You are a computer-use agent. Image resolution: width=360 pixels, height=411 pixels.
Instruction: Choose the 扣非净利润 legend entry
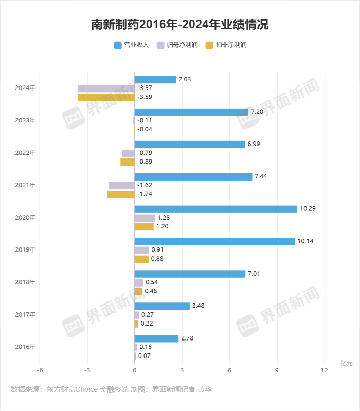(226, 45)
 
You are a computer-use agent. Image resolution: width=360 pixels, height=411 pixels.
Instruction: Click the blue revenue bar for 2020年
(216, 209)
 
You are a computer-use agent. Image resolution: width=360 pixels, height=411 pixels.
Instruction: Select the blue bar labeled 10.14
(214, 241)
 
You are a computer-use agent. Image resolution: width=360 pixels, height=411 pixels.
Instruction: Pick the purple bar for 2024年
(106, 88)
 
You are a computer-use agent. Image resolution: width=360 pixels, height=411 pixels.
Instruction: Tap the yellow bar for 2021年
(121, 194)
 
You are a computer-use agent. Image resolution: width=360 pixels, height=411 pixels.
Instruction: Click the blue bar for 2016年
(156, 338)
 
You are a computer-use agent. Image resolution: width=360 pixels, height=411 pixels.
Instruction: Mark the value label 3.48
(199, 306)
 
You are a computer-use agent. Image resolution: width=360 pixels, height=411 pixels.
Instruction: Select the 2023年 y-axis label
(25, 120)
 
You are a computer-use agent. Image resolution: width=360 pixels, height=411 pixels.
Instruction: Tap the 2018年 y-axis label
(25, 282)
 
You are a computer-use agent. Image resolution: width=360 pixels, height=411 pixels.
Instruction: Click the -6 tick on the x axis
(40, 370)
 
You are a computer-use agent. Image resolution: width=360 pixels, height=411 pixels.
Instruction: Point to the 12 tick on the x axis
(324, 370)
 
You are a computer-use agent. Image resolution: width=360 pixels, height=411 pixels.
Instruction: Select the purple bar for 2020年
(145, 218)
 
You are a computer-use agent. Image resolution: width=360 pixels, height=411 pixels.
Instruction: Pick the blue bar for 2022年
(190, 144)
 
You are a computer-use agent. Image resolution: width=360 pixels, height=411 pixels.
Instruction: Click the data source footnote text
(111, 390)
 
